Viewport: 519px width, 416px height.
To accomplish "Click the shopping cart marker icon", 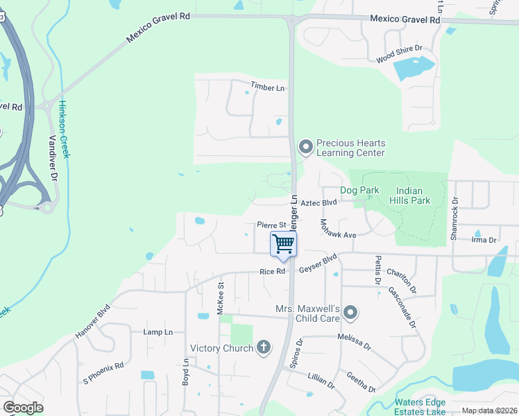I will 283,244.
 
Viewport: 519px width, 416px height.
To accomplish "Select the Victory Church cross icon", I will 263,347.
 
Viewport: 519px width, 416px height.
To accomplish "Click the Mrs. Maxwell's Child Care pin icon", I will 350,313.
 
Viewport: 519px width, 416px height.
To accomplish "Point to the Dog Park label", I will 358,190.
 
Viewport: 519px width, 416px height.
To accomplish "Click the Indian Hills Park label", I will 414,196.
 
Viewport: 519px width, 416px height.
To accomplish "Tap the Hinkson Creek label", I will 64,129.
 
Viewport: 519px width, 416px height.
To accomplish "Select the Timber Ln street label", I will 268,88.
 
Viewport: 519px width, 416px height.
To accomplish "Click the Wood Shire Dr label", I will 400,53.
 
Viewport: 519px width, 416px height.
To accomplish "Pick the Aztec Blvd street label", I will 320,202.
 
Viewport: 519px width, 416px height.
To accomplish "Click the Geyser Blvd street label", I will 318,266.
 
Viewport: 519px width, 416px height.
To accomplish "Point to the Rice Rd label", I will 273,272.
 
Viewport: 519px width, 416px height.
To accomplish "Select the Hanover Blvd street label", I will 93,321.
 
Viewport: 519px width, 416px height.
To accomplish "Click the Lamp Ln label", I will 158,332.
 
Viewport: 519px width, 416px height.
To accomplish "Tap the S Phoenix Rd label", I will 103,374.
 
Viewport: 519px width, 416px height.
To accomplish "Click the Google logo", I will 23,407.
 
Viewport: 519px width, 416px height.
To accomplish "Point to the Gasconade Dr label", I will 403,308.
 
